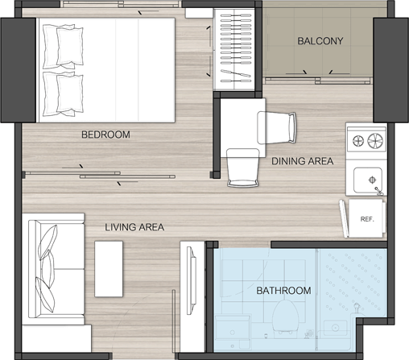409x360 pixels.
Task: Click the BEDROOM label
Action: point(105,134)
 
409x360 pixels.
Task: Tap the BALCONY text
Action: point(320,41)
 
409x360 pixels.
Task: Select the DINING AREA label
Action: point(303,161)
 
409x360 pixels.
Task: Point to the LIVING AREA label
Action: point(134,227)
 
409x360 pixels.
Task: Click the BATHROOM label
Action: point(283,291)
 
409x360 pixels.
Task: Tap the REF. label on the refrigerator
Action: point(367,219)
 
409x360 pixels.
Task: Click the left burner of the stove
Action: point(358,141)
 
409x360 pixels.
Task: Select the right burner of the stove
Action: point(375,141)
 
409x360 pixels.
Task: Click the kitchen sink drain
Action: point(372,180)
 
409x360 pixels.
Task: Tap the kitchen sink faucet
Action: point(378,191)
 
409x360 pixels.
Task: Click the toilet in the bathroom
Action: point(285,317)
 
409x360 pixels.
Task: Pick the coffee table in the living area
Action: point(109,269)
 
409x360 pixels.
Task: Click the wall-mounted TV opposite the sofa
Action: point(192,280)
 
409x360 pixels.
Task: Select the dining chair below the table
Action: point(243,168)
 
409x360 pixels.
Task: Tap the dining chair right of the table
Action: point(277,128)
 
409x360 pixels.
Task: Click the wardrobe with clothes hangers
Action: point(234,49)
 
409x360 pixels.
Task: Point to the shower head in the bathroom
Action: point(357,308)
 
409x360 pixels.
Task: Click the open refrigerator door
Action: point(344,218)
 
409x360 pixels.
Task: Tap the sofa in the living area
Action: point(53,269)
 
